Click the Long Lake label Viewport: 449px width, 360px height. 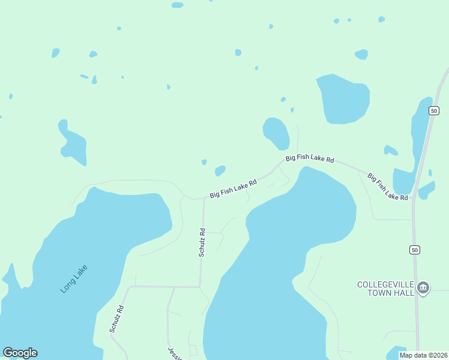(74, 279)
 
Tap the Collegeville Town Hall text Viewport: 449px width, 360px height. (386, 288)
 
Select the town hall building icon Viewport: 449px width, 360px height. (423, 288)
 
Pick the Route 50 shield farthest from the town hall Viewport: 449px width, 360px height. (434, 110)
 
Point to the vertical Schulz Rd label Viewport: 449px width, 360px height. (202, 242)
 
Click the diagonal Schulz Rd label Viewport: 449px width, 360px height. (116, 319)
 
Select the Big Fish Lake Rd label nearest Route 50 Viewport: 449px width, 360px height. (388, 187)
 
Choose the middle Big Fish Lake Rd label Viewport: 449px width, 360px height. (309, 159)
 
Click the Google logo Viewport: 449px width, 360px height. (20, 353)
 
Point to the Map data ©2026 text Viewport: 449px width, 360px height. (423, 355)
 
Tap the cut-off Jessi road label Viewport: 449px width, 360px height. (172, 352)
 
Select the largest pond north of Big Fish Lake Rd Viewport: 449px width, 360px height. (344, 99)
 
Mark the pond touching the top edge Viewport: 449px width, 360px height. (177, 5)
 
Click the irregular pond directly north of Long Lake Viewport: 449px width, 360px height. (73, 144)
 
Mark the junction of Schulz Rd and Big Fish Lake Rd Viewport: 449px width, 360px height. (203, 197)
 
